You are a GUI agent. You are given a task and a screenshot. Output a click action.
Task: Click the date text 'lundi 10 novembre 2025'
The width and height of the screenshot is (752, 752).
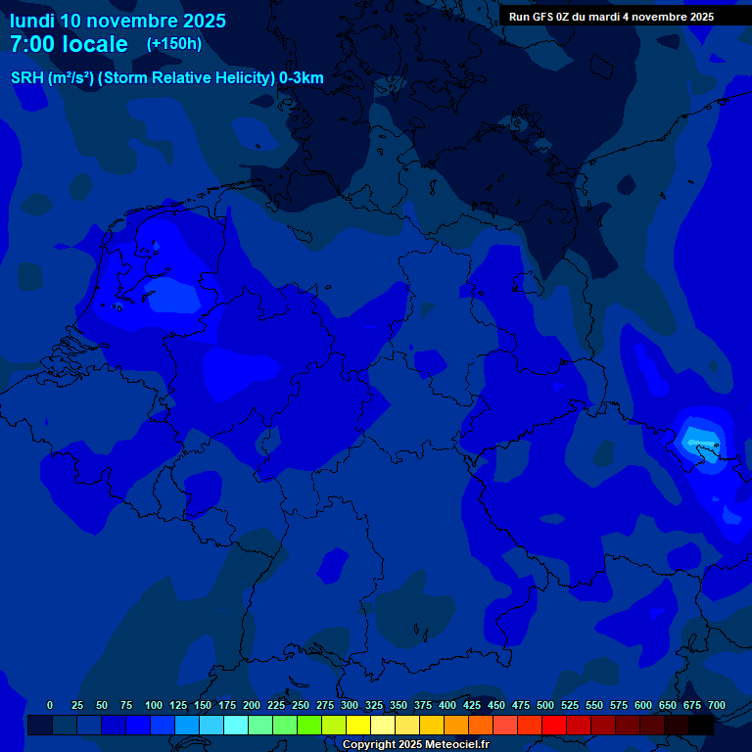[117, 21]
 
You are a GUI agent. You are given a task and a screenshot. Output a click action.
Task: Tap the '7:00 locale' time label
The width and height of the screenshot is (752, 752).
[69, 44]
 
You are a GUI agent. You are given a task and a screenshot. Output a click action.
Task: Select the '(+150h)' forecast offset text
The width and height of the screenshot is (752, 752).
[174, 44]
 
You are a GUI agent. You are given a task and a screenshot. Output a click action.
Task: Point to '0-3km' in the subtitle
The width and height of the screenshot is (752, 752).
[302, 78]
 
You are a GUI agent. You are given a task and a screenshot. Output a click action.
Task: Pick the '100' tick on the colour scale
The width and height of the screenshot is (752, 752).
[154, 705]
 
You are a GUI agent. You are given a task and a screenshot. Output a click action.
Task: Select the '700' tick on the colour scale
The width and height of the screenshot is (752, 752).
[717, 705]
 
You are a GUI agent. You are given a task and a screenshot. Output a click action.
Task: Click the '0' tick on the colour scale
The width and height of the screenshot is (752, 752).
[50, 705]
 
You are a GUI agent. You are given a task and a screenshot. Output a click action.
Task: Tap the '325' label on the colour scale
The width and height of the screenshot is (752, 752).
[374, 705]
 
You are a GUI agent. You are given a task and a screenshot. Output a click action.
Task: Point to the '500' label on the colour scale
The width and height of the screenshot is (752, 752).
[545, 705]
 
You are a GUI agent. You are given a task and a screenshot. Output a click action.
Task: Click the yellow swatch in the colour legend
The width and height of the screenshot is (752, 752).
[358, 726]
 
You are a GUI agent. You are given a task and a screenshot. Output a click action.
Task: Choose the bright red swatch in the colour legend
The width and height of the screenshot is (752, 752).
[554, 726]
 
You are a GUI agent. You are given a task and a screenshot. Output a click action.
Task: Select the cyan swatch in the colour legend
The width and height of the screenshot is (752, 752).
[236, 726]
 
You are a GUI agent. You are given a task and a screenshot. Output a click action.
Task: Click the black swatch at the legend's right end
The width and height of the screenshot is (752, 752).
[701, 726]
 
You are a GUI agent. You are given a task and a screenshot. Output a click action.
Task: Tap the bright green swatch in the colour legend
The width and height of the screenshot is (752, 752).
[309, 726]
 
